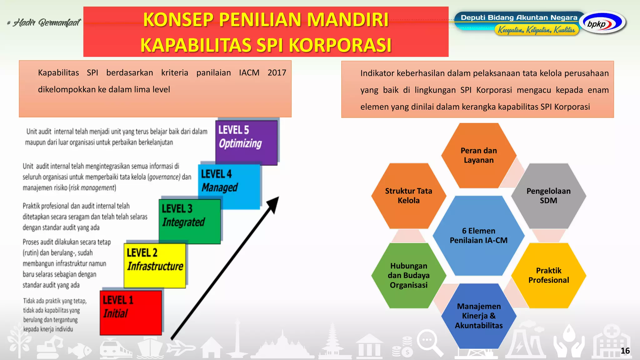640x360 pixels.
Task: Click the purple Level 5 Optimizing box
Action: point(246,142)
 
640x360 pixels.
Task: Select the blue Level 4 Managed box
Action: point(229,186)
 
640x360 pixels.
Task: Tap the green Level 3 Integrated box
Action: point(189,221)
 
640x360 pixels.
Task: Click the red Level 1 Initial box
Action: point(131,312)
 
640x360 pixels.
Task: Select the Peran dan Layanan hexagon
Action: point(478,155)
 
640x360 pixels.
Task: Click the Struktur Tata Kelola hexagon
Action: point(408,196)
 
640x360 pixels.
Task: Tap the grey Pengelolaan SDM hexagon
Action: point(548,196)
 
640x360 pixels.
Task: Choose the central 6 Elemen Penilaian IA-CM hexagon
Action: point(478,236)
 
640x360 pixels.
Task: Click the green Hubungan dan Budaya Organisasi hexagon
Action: point(408,275)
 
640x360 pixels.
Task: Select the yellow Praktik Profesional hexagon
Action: point(548,275)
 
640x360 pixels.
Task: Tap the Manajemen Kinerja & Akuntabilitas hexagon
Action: point(478,316)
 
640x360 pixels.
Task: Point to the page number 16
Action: point(625,351)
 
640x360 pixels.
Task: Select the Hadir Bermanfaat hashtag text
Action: point(44,22)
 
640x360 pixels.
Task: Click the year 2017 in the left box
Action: point(277,72)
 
